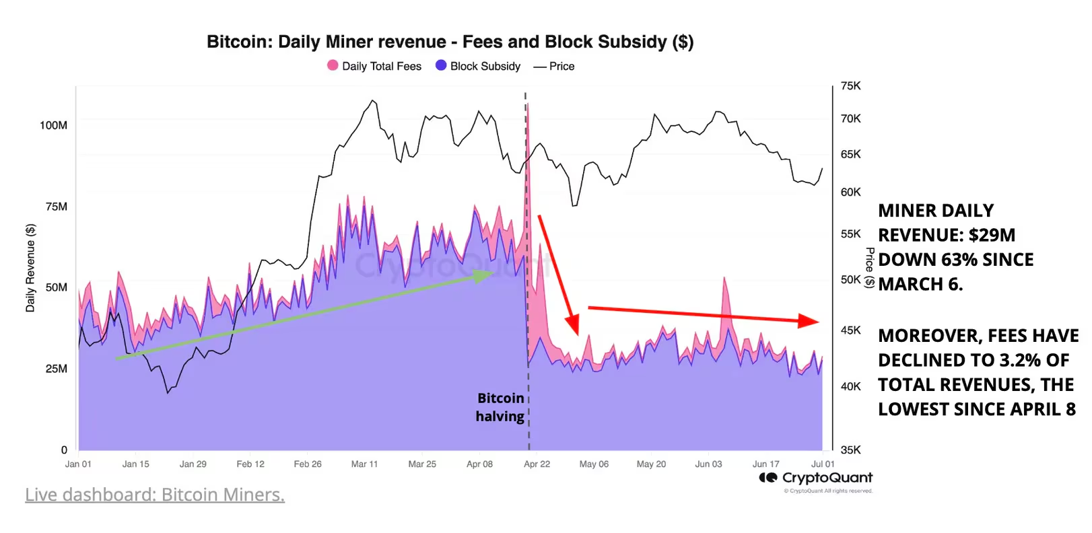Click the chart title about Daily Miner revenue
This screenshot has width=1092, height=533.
(x=450, y=42)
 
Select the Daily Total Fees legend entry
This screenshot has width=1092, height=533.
(x=374, y=66)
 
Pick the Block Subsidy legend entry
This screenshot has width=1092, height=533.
(x=478, y=66)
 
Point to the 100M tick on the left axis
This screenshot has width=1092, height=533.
(x=54, y=125)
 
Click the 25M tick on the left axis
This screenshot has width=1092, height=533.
(x=57, y=369)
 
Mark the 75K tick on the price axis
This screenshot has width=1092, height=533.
(x=850, y=86)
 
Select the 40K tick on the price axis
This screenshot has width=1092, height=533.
(x=850, y=387)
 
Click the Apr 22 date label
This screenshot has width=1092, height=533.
(x=537, y=464)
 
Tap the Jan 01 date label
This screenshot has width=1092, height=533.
(x=78, y=464)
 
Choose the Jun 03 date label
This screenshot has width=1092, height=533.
(x=708, y=464)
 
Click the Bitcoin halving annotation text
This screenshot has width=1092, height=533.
(x=500, y=407)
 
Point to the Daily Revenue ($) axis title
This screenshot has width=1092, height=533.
(x=30, y=268)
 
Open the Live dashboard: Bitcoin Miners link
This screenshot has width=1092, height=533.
(x=155, y=495)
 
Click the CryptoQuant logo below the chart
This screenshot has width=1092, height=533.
(x=815, y=478)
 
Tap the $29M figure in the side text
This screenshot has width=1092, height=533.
(x=992, y=236)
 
